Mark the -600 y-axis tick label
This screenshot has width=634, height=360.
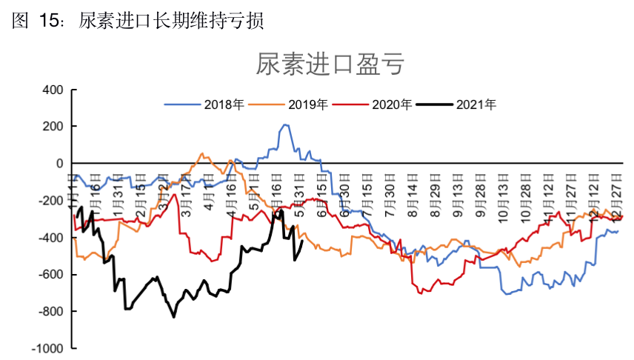click(50, 275)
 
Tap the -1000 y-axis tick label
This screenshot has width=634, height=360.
click(47, 348)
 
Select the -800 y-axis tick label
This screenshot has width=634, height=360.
click(50, 312)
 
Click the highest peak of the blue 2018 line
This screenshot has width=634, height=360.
click(286, 125)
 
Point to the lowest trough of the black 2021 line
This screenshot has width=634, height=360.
click(174, 317)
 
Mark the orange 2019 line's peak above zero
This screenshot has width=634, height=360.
click(202, 153)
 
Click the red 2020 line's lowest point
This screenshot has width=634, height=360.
click(421, 294)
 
